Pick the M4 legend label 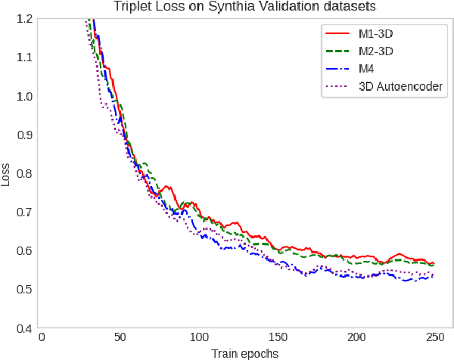click(x=367, y=69)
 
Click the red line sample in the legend click(x=337, y=34)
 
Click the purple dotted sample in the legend click(x=337, y=86)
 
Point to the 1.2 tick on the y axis click(x=21, y=19)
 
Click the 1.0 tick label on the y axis click(x=21, y=96)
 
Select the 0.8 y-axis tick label click(x=21, y=173)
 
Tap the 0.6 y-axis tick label click(x=21, y=250)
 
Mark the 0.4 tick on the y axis click(x=21, y=328)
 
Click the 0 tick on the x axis click(x=42, y=337)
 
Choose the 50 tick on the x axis click(x=120, y=337)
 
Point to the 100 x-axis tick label click(x=199, y=337)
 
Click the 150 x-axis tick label click(x=278, y=337)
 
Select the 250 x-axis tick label click(x=434, y=337)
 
